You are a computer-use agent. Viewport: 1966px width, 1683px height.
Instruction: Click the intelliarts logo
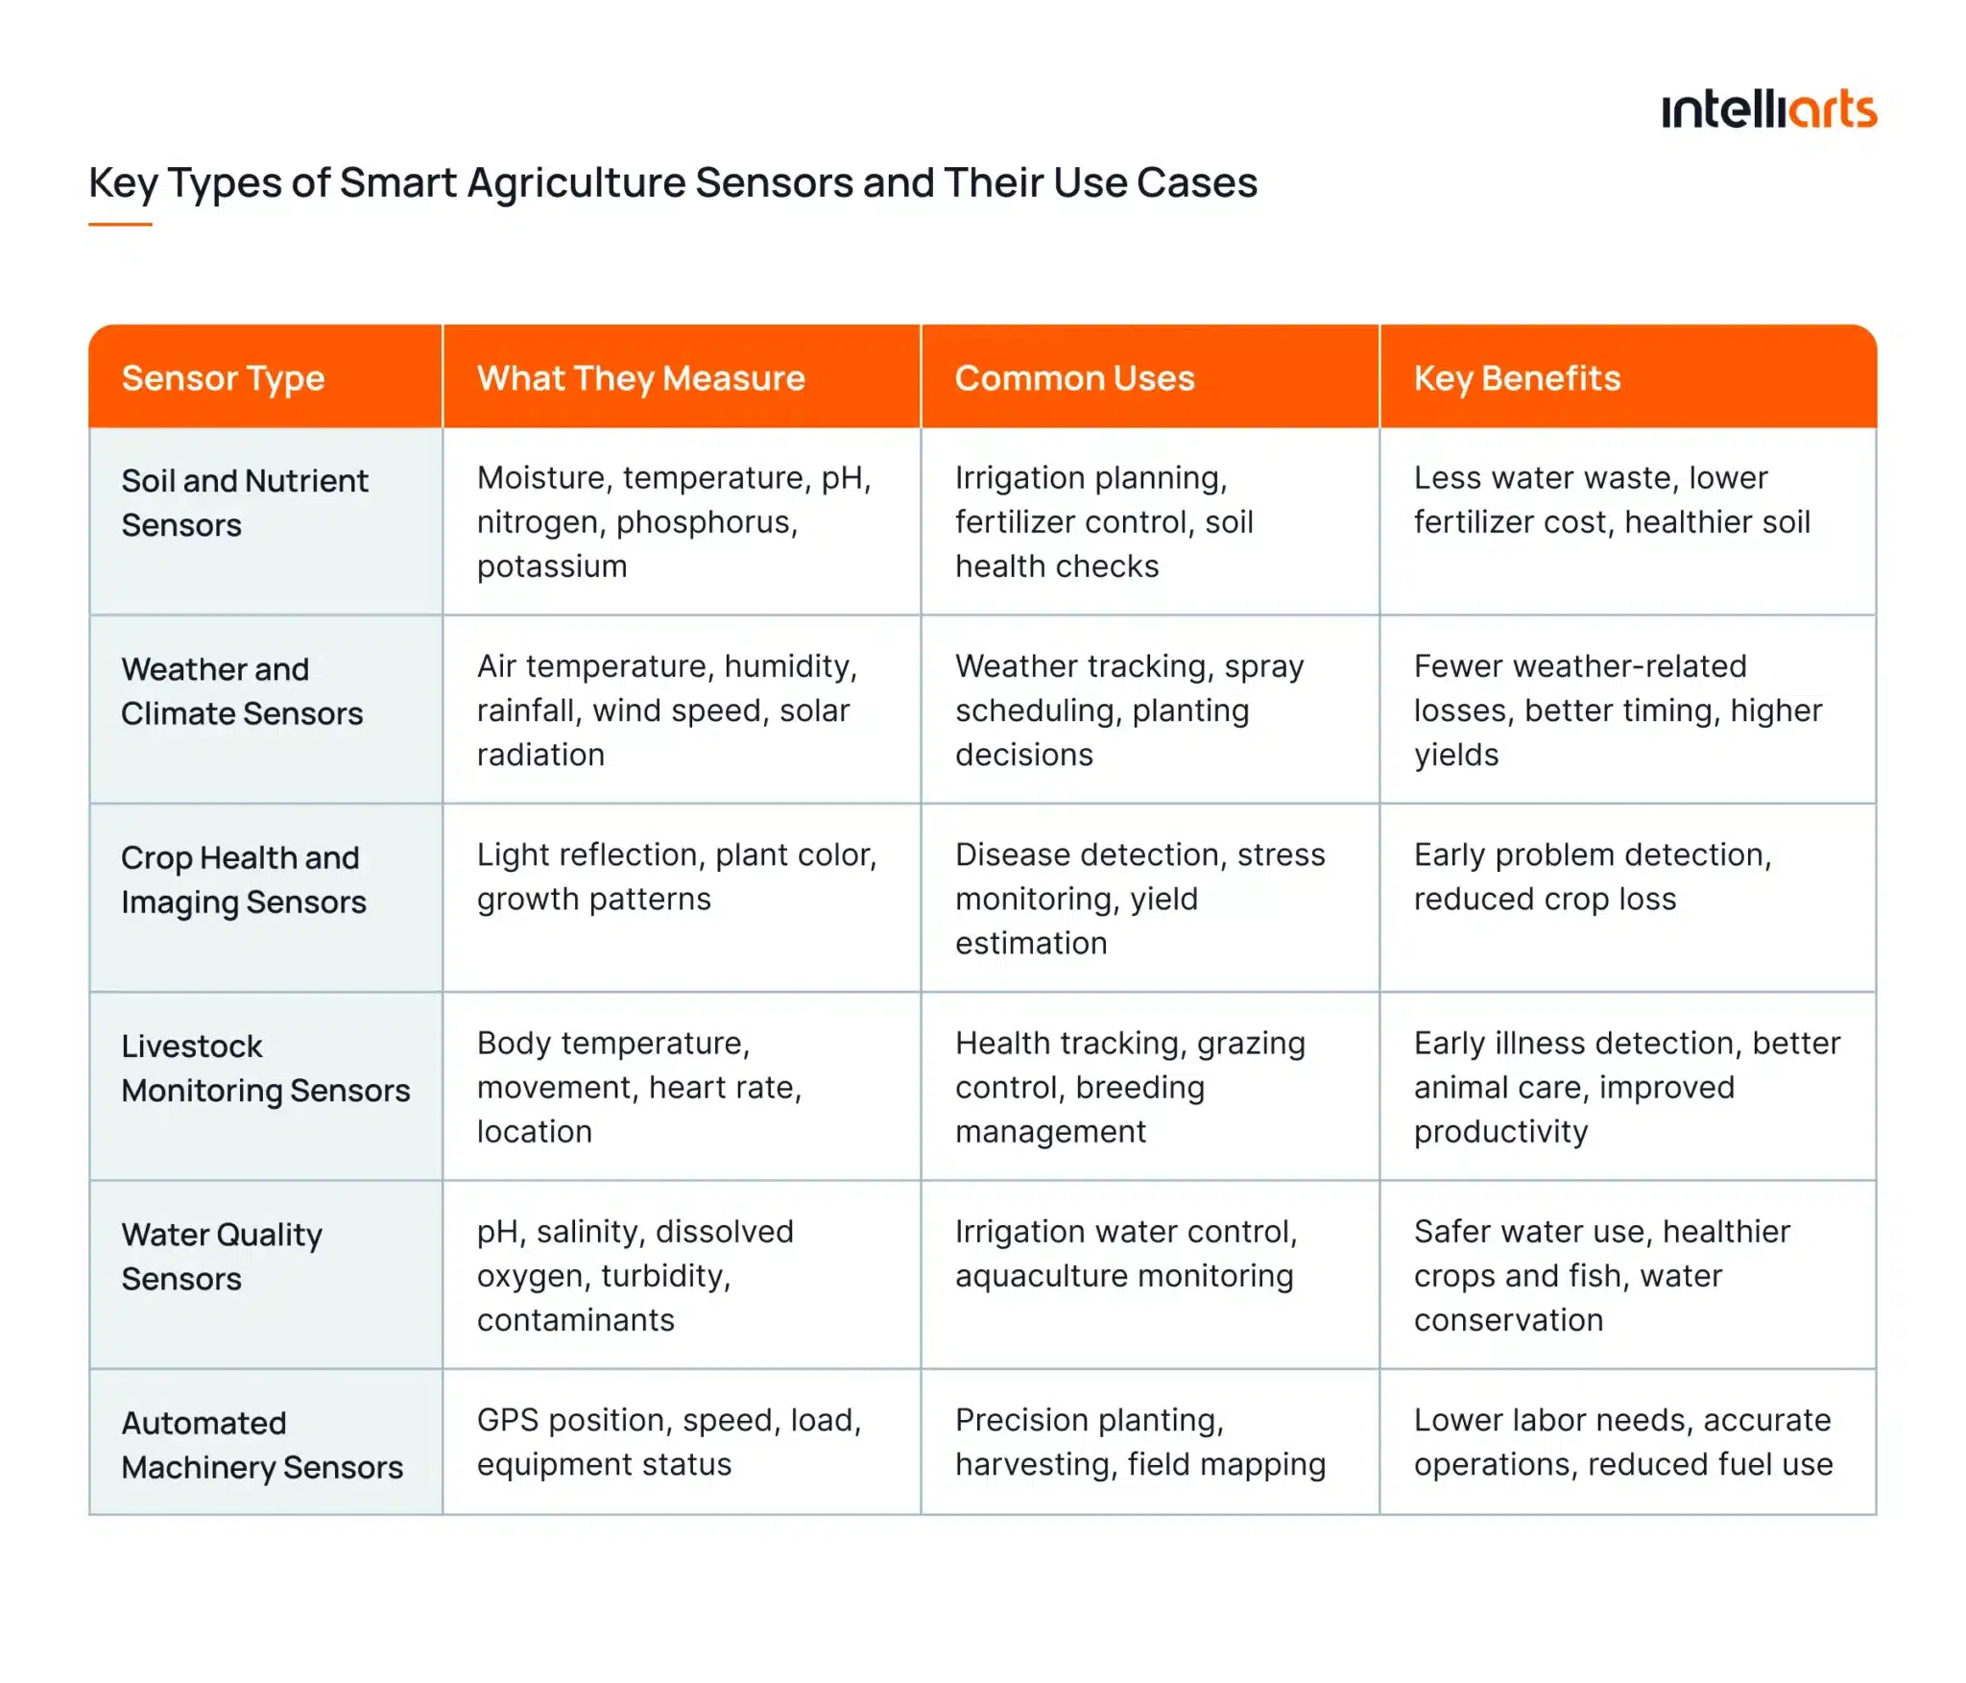coord(1768,110)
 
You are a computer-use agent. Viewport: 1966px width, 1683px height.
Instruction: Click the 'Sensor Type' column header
coord(223,378)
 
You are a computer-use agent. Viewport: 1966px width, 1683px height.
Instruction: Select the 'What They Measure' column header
coord(640,378)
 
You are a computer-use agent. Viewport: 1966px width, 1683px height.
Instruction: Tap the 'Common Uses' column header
coord(1074,378)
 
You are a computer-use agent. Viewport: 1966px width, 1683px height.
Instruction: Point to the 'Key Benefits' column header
coord(1517,378)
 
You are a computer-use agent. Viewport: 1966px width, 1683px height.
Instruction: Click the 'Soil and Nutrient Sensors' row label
coord(244,502)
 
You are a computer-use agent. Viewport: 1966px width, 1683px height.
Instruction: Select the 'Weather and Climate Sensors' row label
coord(242,691)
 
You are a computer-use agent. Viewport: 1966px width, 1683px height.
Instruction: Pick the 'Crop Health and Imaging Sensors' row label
coord(243,879)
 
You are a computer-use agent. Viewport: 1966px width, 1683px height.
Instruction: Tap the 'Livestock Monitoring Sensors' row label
coord(265,1068)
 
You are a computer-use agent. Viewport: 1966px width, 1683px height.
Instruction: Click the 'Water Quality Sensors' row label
coord(222,1256)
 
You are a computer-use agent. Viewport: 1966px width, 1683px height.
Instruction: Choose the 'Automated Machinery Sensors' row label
coord(261,1445)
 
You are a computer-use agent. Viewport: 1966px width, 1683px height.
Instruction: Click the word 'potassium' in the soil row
coord(552,566)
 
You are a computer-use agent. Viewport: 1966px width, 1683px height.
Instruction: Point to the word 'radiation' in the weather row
coord(540,755)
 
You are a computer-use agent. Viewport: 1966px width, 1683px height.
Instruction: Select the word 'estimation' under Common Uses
coord(1031,943)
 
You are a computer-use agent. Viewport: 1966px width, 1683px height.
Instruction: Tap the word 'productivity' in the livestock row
coord(1500,1132)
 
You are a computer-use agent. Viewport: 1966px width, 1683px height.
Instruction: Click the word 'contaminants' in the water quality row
coord(575,1320)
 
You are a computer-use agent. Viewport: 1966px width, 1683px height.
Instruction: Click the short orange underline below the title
coord(120,225)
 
